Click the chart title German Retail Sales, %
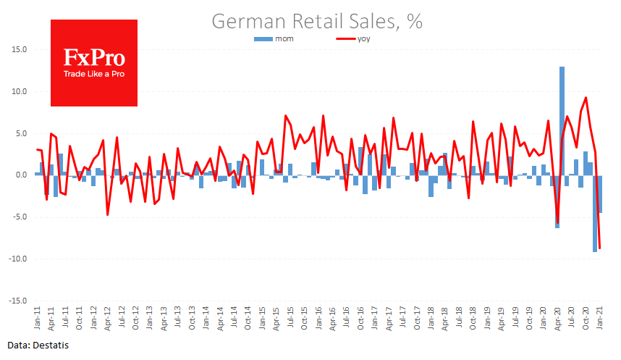(x=317, y=21)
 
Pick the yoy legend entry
(x=354, y=38)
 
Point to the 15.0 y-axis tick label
(x=18, y=50)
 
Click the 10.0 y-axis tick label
(x=18, y=92)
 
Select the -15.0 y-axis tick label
(x=17, y=301)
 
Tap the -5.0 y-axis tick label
(x=19, y=217)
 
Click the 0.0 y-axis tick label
(x=20, y=175)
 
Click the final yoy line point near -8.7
(x=600, y=248)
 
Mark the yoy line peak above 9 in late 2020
(x=586, y=98)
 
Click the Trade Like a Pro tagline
(x=95, y=75)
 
